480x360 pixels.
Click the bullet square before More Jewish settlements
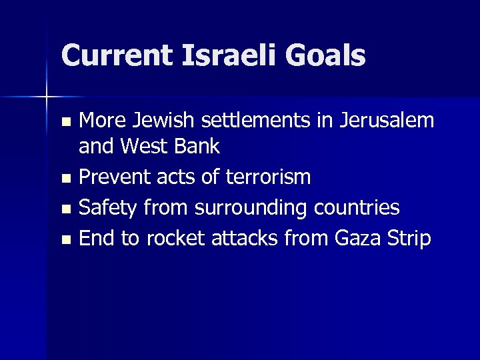click(65, 122)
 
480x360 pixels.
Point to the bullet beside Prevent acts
click(65, 179)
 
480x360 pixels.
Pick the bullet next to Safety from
click(65, 209)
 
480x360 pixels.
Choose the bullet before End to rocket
click(65, 240)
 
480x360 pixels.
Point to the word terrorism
click(269, 177)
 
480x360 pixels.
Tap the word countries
click(355, 208)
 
